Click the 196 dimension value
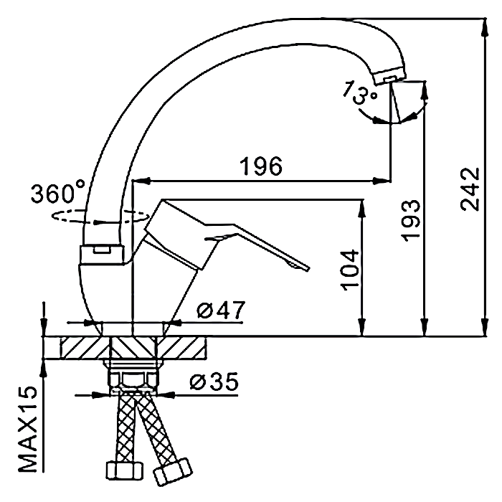click(x=262, y=166)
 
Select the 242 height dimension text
click(x=470, y=189)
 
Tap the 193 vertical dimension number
click(x=410, y=220)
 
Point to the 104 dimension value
click(x=351, y=270)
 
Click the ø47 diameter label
click(x=221, y=310)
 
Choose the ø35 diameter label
click(x=214, y=382)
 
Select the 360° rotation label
click(x=58, y=192)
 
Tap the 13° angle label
click(x=359, y=93)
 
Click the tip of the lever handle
click(x=308, y=269)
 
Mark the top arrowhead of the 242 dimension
click(x=486, y=27)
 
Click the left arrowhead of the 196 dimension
click(x=141, y=181)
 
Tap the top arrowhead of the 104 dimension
click(x=362, y=208)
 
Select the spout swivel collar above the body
click(x=102, y=255)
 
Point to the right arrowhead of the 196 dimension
click(x=382, y=181)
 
